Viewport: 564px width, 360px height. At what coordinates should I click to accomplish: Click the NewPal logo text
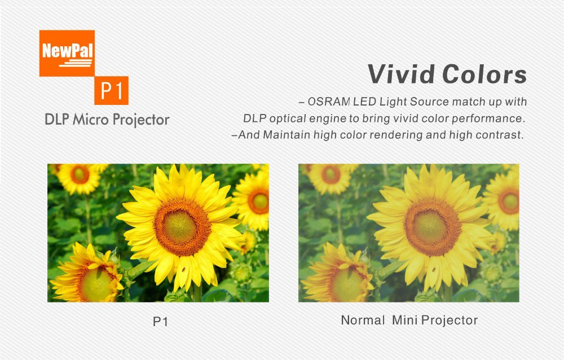tap(68, 50)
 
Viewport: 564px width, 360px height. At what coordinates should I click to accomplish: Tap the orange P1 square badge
tap(112, 90)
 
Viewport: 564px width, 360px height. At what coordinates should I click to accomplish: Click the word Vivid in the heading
tap(401, 74)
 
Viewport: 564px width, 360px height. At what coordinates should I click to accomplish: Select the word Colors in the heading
tap(484, 74)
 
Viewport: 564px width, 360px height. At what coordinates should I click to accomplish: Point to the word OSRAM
tap(329, 102)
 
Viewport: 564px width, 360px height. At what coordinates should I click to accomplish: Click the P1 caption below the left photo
tap(160, 321)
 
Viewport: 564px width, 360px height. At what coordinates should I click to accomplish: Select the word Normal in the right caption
tap(363, 320)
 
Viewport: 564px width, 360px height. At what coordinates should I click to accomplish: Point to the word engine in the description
tap(334, 119)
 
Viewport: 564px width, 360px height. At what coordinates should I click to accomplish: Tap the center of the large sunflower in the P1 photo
tap(182, 226)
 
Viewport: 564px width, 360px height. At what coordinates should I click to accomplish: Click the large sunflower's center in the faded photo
tap(433, 226)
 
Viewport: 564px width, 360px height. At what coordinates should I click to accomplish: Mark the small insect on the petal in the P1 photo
tap(183, 269)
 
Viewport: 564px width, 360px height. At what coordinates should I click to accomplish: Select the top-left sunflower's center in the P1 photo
tap(80, 174)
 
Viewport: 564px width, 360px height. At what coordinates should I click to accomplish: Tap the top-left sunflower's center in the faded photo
tap(331, 174)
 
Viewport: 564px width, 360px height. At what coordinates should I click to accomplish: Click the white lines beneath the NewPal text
tap(76, 63)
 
